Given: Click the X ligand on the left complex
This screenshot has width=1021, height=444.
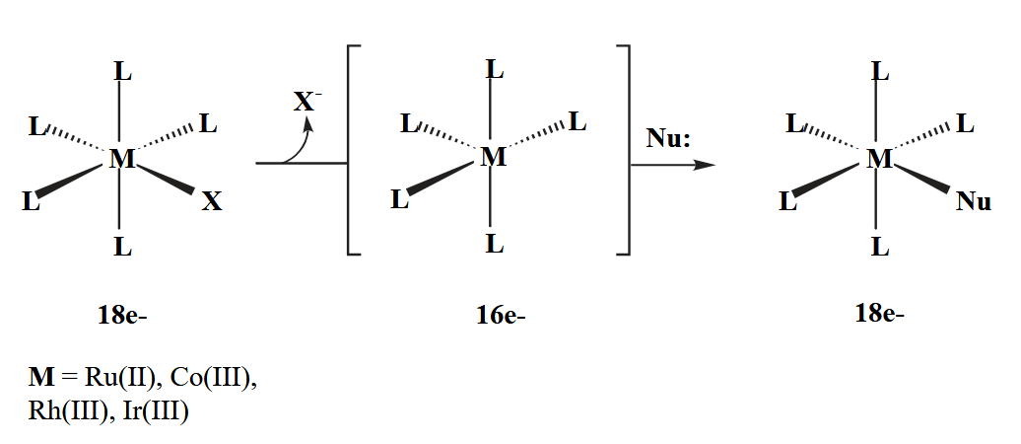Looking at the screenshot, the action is pos(212,202).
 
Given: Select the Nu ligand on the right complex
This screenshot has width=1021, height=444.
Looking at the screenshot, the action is pos(973,202).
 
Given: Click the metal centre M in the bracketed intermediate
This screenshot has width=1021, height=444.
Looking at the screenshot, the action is pos(493,157).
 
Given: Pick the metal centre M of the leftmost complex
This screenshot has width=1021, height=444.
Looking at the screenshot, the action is pos(121,159).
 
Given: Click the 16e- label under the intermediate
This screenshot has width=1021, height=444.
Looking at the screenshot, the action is pos(501,316).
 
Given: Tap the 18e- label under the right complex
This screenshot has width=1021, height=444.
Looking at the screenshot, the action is pos(879,314).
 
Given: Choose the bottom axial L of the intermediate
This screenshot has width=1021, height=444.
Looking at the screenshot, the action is pos(495,244).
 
